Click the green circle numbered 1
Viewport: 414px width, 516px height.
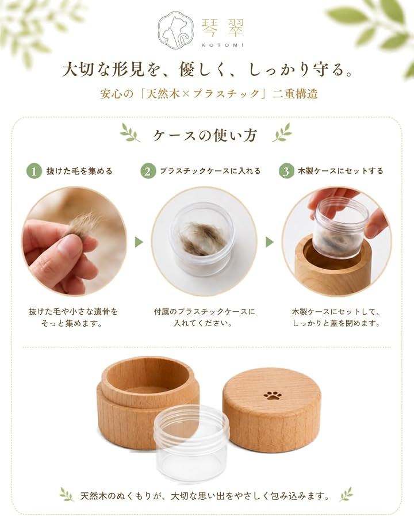(34, 171)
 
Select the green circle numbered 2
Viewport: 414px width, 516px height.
(148, 171)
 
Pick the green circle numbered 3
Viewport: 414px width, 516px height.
(286, 171)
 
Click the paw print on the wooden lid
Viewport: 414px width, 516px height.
(272, 395)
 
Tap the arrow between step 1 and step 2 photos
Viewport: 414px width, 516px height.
(139, 243)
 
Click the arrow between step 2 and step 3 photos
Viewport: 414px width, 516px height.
(270, 243)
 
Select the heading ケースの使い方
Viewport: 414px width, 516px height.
(205, 135)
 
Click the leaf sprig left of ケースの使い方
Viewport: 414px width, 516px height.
(131, 132)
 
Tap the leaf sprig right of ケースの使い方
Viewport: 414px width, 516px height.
(282, 132)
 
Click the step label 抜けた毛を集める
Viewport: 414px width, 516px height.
(79, 171)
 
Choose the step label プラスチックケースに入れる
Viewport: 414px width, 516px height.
(210, 171)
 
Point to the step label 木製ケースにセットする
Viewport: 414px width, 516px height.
(340, 171)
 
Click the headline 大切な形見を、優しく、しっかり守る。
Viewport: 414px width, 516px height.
(207, 70)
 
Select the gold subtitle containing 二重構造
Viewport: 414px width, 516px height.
(209, 94)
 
